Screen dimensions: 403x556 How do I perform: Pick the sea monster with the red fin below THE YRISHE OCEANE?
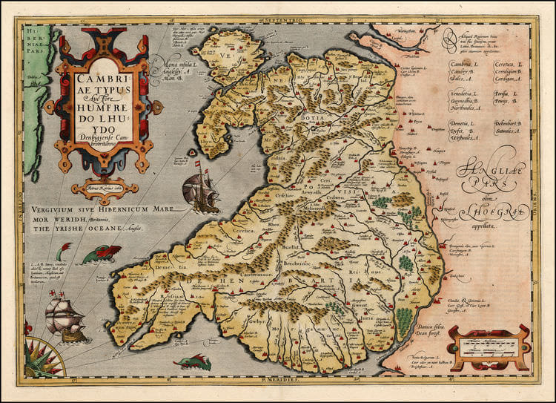[x=94, y=255]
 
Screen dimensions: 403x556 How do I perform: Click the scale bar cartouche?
[x=487, y=344]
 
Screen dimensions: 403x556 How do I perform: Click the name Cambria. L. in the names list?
[x=466, y=65]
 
